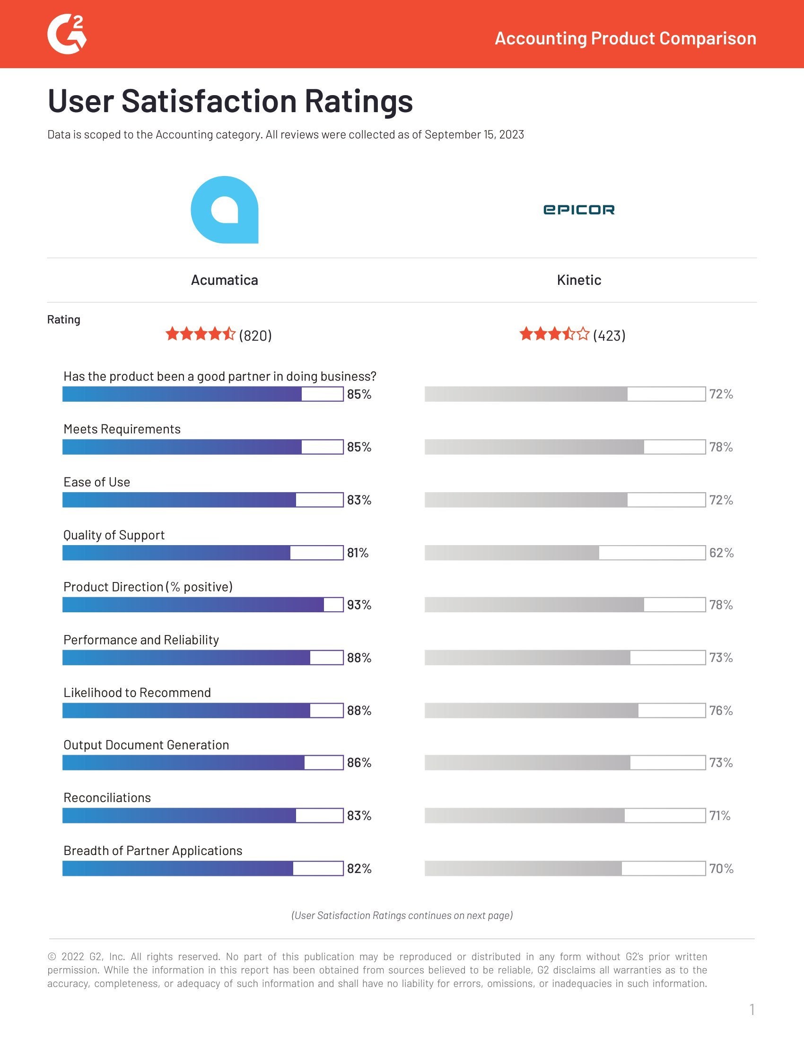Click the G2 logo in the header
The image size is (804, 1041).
pyautogui.click(x=67, y=35)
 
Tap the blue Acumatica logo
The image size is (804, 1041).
pyautogui.click(x=224, y=210)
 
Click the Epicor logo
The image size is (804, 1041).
pyautogui.click(x=579, y=210)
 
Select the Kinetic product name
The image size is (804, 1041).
pyautogui.click(x=579, y=280)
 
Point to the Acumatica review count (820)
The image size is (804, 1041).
pyautogui.click(x=255, y=335)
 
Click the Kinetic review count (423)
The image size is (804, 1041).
pyautogui.click(x=609, y=335)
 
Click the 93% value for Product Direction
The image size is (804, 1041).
pyautogui.click(x=359, y=605)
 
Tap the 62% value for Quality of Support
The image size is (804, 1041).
pyautogui.click(x=721, y=553)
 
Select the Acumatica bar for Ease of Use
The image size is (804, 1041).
pyautogui.click(x=203, y=500)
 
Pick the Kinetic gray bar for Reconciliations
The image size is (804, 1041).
pyautogui.click(x=565, y=816)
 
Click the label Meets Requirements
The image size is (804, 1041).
pyautogui.click(x=122, y=429)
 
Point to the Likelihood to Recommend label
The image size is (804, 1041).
pyautogui.click(x=137, y=693)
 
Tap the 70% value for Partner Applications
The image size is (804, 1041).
pyautogui.click(x=721, y=868)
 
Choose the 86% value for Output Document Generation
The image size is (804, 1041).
pyautogui.click(x=359, y=763)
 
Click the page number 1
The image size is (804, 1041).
pyautogui.click(x=752, y=1010)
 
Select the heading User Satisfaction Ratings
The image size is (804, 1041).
pyautogui.click(x=230, y=101)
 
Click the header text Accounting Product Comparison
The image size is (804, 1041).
pyautogui.click(x=625, y=38)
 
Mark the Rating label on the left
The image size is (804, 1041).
pyautogui.click(x=63, y=319)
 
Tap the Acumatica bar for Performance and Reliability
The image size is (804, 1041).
pyautogui.click(x=203, y=658)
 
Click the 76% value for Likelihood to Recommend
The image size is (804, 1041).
pyautogui.click(x=721, y=711)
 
